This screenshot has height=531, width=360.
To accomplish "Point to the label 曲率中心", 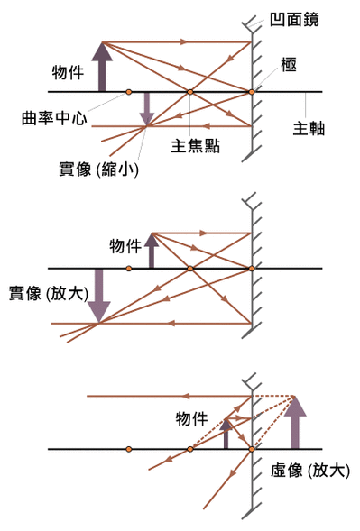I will click(56, 118).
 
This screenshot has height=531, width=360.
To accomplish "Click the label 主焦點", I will click(196, 144).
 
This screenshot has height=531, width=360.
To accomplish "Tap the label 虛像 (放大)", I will click(310, 470).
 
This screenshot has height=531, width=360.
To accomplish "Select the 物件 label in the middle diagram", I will click(125, 246).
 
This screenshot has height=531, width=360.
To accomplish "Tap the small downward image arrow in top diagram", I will click(145, 109).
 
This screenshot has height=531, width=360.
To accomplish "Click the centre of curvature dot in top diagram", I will click(129, 92).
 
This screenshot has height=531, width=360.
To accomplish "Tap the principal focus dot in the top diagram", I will click(190, 92).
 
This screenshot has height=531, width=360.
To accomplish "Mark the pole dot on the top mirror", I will click(252, 92).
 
